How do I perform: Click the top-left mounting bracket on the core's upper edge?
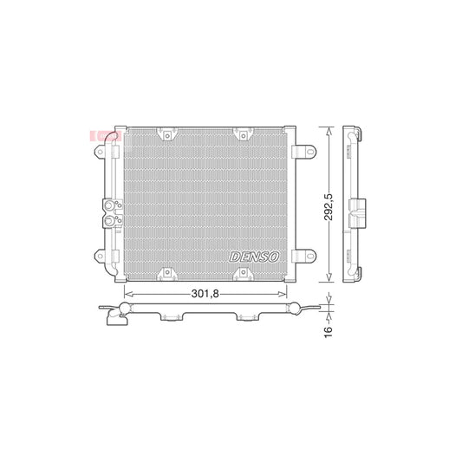click(162, 134)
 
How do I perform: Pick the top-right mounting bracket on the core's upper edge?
click(242, 134)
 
